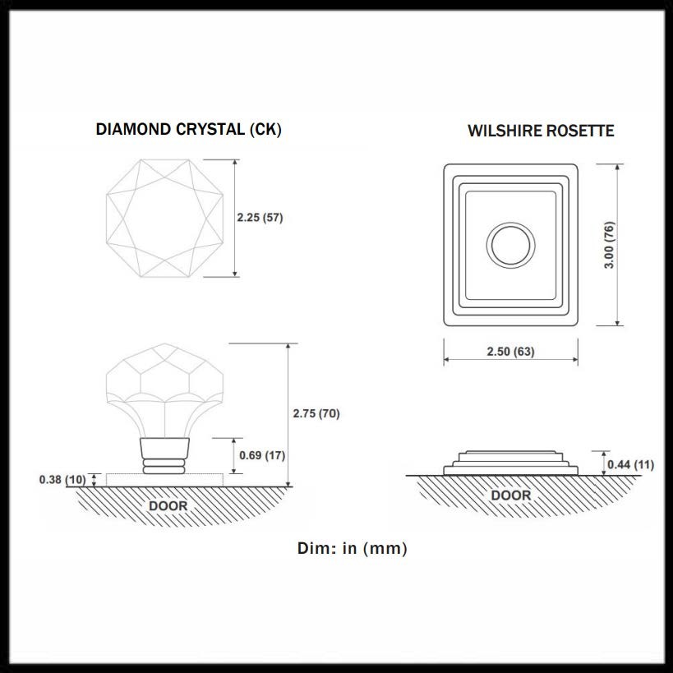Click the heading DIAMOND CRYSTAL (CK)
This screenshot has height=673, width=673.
[188, 129]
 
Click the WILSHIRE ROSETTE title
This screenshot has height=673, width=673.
[541, 131]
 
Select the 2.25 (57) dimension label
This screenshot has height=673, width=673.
[260, 219]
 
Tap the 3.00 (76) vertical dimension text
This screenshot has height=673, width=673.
[610, 244]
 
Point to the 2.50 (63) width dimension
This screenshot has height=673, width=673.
[510, 352]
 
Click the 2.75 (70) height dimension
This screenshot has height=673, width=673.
[316, 413]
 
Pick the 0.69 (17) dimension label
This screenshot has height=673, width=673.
[262, 455]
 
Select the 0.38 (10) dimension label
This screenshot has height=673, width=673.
[62, 479]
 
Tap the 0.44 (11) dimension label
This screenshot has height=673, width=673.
[630, 465]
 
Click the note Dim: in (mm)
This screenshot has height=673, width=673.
[352, 548]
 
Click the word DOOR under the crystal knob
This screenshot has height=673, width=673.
[168, 506]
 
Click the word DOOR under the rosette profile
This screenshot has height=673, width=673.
[510, 496]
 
